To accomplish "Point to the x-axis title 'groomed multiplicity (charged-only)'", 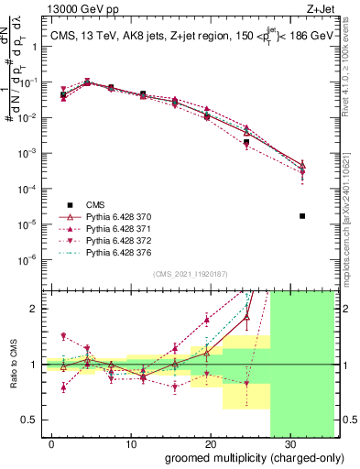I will tap(242, 457).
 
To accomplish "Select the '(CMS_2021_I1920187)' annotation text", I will tap(190, 275).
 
